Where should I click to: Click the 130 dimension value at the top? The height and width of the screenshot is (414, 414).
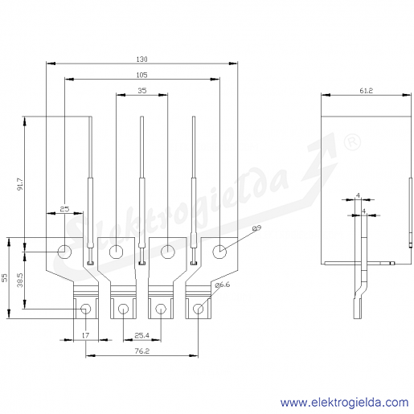pos(141,59)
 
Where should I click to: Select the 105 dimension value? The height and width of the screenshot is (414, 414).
pos(141,75)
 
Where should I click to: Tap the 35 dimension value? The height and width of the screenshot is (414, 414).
pos(142,91)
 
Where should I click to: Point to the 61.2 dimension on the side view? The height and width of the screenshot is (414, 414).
pos(366,91)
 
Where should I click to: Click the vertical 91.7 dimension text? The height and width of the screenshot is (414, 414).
pos(20,184)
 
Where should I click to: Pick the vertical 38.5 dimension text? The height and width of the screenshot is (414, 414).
pos(20,281)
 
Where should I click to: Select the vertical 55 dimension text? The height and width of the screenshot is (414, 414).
pos(5,278)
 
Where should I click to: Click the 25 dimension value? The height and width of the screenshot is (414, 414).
pos(64,209)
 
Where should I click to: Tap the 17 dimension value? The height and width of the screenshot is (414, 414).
pos(85,335)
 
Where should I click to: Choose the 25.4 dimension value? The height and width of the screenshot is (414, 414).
pos(141,335)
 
